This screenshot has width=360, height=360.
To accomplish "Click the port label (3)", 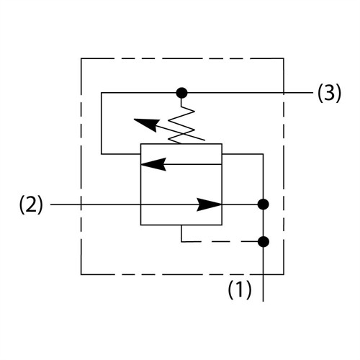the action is tap(329, 94).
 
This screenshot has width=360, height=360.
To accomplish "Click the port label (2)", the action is tap(31, 204).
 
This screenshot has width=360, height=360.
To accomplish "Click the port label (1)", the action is tap(240, 289).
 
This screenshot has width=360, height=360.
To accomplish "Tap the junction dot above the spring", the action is tap(181, 93).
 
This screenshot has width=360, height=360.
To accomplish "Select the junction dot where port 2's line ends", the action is tap(264, 204).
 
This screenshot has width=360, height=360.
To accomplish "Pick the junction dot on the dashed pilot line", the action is tap(264, 241).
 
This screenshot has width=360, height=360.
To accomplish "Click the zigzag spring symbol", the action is tap(181, 125).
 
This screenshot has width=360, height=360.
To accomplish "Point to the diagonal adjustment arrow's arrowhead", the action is tap(146, 125).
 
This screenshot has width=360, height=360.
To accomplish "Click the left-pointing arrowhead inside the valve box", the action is tap(153, 164).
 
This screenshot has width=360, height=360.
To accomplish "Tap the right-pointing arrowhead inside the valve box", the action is tap(209, 204).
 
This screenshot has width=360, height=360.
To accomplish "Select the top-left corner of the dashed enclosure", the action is tap(81, 58).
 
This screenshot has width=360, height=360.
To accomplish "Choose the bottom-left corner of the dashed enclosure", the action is tap(81, 274).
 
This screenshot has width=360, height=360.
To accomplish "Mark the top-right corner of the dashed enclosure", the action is tap(284, 58).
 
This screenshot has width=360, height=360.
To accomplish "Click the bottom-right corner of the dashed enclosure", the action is tap(284, 274).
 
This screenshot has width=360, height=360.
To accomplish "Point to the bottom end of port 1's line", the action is tap(264, 301).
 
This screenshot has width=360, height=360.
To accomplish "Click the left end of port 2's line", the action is tap(50, 204).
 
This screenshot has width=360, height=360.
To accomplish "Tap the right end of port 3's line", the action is tap(313, 93).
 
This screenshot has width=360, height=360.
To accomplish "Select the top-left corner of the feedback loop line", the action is tap(102, 93).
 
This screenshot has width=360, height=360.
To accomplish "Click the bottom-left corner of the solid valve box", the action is tap(140, 225).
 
